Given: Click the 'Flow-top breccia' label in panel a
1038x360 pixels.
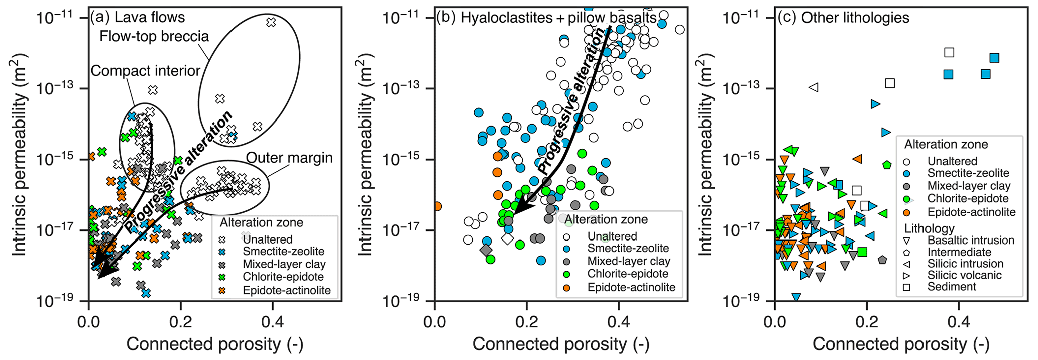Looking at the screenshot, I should tap(154, 37).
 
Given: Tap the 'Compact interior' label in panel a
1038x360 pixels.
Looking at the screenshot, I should tap(146, 71).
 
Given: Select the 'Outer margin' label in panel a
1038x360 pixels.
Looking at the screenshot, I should tap(289, 158).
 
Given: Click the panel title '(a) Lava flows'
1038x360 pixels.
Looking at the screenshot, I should tap(137, 18).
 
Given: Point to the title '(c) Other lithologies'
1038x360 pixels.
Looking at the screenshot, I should tap(843, 18).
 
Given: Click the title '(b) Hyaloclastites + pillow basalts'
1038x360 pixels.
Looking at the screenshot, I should tap(546, 18).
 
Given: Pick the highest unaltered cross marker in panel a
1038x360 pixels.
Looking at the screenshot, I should tap(271, 22).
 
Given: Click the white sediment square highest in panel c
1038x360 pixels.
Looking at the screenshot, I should tap(949, 52).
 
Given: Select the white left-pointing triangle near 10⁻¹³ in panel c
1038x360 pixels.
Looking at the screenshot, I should tap(814, 87).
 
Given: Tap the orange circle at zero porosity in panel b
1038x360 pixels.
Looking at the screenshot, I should tap(436, 206).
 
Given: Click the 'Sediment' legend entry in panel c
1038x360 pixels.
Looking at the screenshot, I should tap(952, 287).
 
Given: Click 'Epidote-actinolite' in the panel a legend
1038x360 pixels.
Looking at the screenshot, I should tap(286, 290).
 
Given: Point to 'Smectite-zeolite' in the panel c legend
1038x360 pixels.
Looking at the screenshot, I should tap(968, 173).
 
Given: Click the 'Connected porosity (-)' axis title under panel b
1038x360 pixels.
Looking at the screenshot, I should tap(561, 344).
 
